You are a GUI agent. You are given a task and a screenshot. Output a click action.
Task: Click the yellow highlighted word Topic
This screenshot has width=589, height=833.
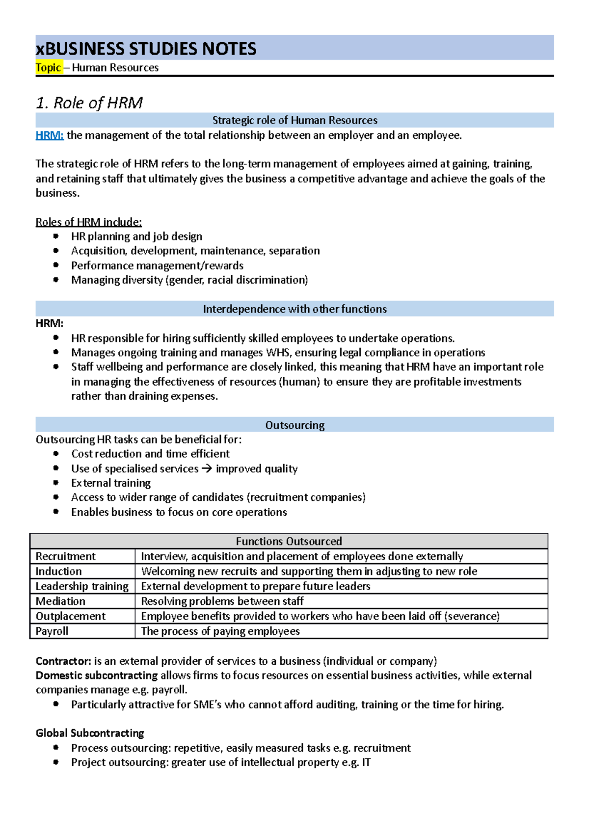(48, 68)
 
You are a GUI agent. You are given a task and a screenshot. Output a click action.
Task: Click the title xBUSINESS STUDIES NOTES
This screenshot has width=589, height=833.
(146, 49)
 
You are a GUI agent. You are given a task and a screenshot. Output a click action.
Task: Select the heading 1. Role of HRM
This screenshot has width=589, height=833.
(89, 103)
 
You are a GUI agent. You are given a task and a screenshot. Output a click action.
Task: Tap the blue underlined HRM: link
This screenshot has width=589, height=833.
(50, 135)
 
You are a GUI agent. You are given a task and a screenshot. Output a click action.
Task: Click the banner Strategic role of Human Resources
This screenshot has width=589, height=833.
(294, 120)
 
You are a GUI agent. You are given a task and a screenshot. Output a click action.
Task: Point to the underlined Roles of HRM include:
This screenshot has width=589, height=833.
(88, 222)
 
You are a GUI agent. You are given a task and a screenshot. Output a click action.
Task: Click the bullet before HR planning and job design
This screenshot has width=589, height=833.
(56, 236)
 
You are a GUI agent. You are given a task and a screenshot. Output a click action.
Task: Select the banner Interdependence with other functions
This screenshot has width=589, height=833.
(294, 309)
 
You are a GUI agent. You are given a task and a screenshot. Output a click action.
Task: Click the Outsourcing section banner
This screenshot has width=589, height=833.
(294, 425)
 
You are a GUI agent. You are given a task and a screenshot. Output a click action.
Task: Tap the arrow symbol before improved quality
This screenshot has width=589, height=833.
(207, 469)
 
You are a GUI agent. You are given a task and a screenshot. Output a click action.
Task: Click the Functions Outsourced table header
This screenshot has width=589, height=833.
(289, 542)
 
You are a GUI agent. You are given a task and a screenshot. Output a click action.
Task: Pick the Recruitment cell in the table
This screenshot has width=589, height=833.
(65, 556)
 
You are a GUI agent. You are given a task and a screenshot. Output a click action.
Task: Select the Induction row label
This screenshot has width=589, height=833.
(58, 572)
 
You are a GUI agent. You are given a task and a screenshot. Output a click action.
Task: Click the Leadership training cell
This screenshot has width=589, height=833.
(81, 586)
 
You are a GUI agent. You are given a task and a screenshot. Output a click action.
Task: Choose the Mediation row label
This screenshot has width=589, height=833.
(60, 601)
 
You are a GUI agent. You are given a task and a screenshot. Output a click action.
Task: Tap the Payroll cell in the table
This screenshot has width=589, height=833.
(52, 631)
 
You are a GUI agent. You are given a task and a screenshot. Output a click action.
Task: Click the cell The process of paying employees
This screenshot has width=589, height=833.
(220, 631)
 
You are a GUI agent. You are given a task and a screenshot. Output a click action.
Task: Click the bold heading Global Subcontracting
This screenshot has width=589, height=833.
(90, 733)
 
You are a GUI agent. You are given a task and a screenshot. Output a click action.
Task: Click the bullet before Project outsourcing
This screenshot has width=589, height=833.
(56, 762)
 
